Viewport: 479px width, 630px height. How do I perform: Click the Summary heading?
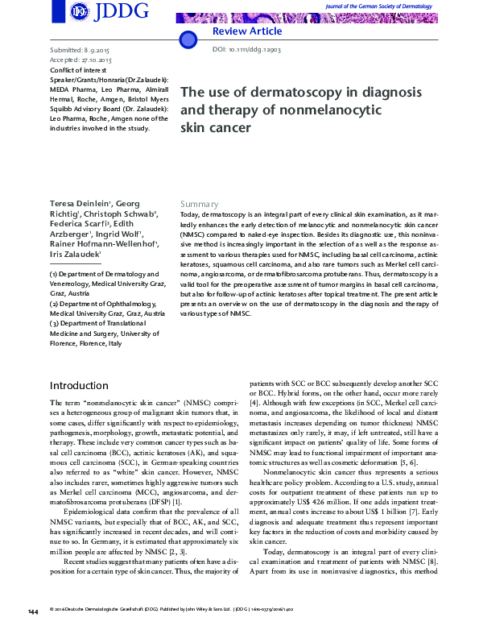pos(199,204)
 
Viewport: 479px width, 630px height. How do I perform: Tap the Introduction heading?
pos(79,385)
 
